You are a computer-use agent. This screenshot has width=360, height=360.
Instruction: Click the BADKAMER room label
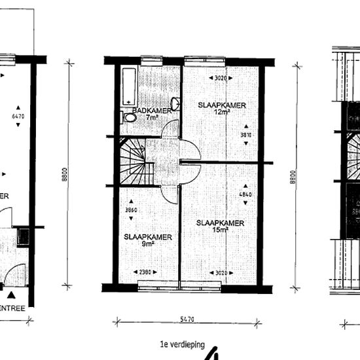152,111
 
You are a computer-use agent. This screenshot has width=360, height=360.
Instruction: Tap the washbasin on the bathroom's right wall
175,104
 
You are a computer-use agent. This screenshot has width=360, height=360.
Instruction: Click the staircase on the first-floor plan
134,163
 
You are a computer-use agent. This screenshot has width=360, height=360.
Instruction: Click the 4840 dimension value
246,194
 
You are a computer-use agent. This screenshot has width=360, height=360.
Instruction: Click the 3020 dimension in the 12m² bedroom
224,78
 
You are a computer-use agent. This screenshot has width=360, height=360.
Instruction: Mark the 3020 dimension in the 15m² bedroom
224,272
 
